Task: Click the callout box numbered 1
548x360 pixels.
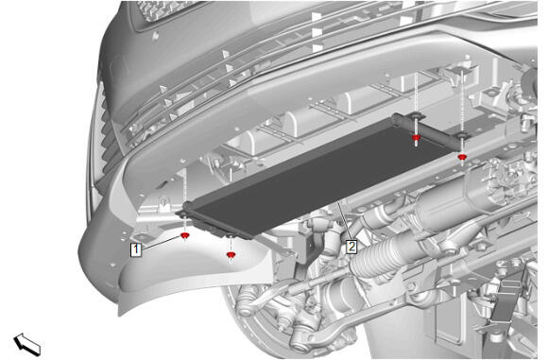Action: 136,249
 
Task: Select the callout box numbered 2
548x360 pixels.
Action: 351,247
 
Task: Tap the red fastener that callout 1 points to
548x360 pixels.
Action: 184,236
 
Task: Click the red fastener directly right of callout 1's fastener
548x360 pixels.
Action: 231,255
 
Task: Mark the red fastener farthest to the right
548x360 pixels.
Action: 462,158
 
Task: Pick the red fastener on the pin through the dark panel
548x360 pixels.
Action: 416,138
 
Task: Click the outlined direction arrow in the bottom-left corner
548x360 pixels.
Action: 26,344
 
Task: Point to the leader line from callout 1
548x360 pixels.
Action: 162,243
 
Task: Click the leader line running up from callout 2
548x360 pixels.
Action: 344,219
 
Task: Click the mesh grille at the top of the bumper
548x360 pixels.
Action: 164,10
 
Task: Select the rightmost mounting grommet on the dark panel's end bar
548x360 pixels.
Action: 461,135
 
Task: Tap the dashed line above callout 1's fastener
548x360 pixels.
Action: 184,196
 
